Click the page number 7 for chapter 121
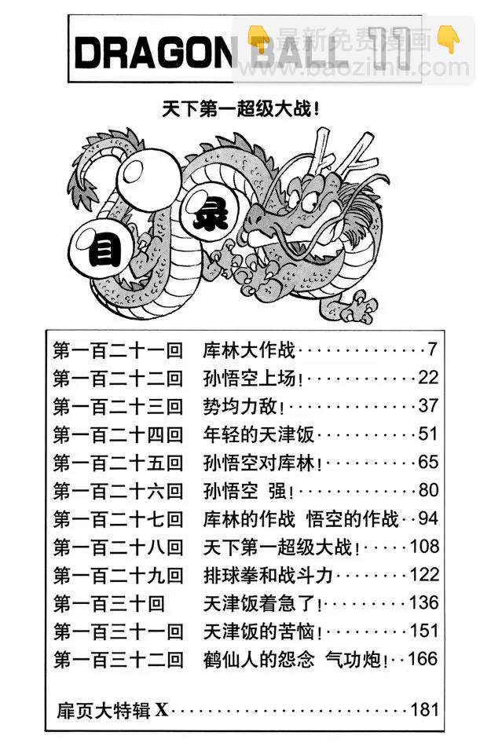pos(432,349)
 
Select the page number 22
pos(427,377)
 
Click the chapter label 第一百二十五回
pos(118,462)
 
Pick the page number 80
pos(427,490)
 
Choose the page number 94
pos(427,518)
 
